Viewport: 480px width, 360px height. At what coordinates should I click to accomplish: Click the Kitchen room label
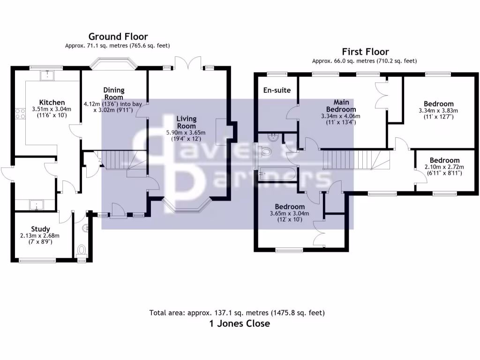click(x=52, y=103)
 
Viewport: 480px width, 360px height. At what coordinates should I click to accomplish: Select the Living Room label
click(x=187, y=123)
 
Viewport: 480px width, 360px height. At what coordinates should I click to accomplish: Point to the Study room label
click(x=40, y=229)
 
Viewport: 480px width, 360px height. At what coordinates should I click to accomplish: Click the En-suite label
click(x=277, y=90)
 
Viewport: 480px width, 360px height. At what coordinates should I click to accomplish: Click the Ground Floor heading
click(x=118, y=37)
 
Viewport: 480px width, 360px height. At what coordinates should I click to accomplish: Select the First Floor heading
click(x=365, y=52)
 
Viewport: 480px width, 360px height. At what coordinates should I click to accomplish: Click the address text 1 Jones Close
click(x=240, y=323)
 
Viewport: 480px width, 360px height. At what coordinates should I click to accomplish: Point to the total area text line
click(x=237, y=313)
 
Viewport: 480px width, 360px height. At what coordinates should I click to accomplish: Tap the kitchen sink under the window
click(x=48, y=75)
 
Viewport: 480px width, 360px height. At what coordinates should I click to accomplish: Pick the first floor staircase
click(x=356, y=159)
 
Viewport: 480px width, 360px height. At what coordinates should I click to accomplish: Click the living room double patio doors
click(x=189, y=62)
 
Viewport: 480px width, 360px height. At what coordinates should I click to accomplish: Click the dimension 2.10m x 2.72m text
click(x=444, y=166)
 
